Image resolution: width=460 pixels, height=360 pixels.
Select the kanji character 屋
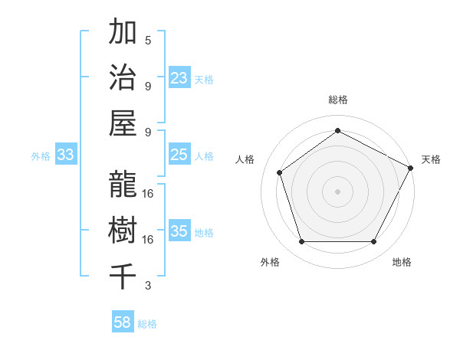[123, 123]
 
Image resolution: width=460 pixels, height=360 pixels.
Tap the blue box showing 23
[179, 77]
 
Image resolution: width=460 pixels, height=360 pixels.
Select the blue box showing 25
[179, 155]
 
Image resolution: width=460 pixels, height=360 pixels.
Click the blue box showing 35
[179, 231]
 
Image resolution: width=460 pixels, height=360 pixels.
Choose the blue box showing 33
[66, 155]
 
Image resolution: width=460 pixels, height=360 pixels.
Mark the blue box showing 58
[123, 322]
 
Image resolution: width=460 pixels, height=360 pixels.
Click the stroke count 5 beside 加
[148, 40]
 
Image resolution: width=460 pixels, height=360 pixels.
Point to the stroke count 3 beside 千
[148, 286]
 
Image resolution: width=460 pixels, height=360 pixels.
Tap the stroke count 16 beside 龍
[148, 193]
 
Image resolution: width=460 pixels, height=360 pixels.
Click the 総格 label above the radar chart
[337, 100]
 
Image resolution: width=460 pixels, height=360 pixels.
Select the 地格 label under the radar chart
[402, 262]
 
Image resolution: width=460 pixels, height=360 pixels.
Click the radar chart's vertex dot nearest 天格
[412, 168]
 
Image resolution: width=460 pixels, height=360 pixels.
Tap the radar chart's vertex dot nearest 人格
[280, 172]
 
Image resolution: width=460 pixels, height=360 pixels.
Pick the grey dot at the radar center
[337, 191]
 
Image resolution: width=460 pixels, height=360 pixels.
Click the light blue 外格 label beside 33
[41, 156]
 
